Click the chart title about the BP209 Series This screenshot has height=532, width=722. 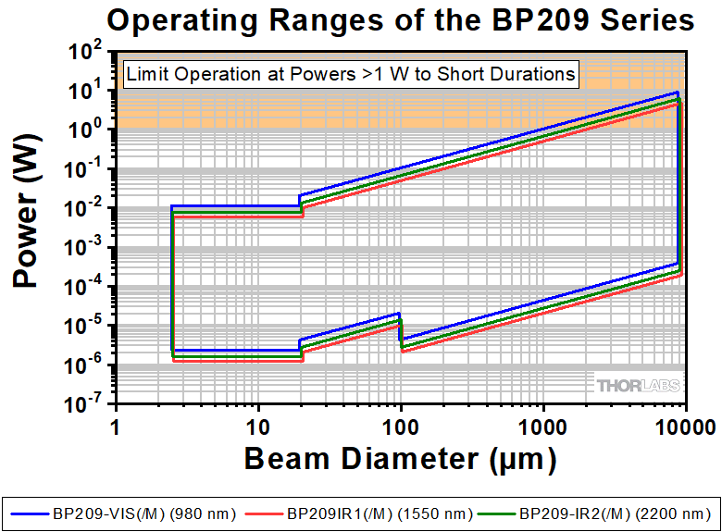[x=399, y=19]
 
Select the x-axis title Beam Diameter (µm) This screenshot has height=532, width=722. [x=400, y=458]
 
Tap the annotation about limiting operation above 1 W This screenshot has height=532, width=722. [x=351, y=74]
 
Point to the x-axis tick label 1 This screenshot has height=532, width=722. [x=116, y=427]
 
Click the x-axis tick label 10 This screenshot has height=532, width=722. [x=258, y=427]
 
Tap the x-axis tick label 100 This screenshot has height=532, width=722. [x=401, y=427]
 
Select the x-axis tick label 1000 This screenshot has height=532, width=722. [x=543, y=427]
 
